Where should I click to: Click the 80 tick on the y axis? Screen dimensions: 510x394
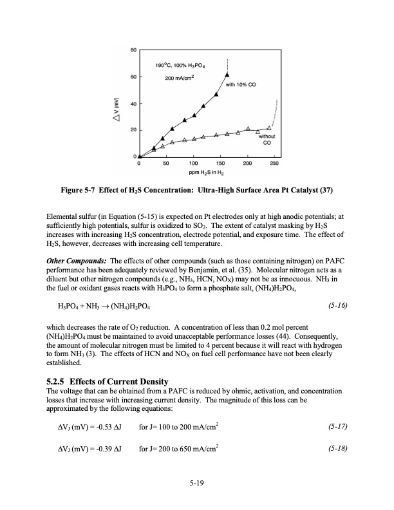(x=133, y=50)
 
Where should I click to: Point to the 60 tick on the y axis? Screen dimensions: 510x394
(x=133, y=77)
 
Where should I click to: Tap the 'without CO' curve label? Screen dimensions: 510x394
(x=267, y=140)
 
